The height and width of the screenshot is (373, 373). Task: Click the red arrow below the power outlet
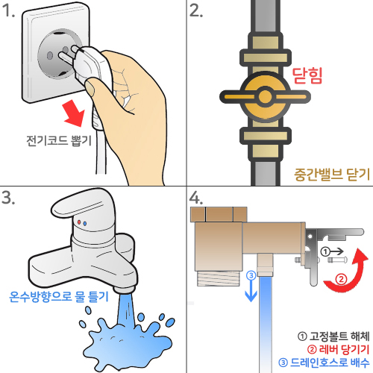(x=74, y=113)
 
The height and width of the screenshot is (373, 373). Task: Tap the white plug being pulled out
(x=90, y=67)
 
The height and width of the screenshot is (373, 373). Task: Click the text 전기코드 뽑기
(x=59, y=141)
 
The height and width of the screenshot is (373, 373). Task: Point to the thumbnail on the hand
(x=90, y=87)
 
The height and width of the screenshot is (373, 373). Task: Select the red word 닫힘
(x=307, y=75)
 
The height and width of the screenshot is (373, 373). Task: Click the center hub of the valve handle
(x=265, y=97)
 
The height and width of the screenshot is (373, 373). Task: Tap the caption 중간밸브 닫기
(x=332, y=175)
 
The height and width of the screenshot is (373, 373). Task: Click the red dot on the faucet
(x=79, y=222)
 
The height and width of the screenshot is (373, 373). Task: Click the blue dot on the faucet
(x=85, y=224)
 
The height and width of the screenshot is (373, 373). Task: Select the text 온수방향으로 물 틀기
(x=59, y=296)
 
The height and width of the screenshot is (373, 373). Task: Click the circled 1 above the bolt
(x=325, y=252)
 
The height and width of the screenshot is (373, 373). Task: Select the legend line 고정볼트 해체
(x=333, y=336)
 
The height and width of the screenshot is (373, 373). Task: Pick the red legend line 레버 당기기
(x=339, y=350)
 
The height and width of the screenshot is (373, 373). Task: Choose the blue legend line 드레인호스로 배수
(x=325, y=363)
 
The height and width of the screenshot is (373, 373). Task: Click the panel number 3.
(x=8, y=198)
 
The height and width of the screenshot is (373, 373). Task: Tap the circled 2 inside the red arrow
(x=341, y=279)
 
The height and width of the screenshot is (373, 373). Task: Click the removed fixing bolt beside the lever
(x=337, y=260)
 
